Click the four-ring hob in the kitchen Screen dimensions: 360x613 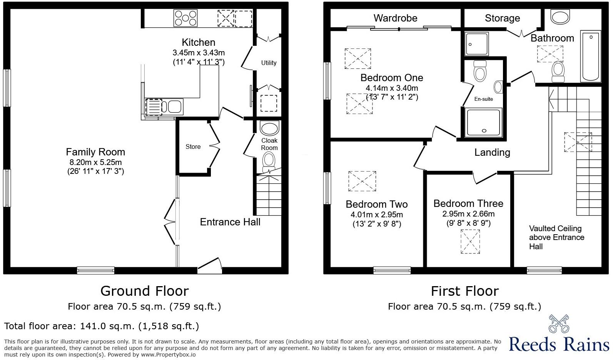tap(185, 18)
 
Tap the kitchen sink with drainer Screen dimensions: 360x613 tap(163, 107)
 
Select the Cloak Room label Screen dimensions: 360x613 tap(269, 144)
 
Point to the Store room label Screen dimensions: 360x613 tap(193, 147)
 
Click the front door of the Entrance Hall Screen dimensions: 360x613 tap(210, 266)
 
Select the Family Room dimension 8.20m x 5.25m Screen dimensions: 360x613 tap(95, 162)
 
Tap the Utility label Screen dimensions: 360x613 tap(269, 63)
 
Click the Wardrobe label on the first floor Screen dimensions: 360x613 tap(395, 18)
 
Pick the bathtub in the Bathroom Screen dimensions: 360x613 tap(591, 56)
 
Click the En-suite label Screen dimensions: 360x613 tap(483, 99)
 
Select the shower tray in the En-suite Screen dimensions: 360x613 tap(484, 122)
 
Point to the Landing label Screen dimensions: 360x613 tap(492, 152)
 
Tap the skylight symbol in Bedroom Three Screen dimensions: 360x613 tap(470, 242)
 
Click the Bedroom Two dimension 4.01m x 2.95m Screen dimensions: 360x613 tap(377, 215)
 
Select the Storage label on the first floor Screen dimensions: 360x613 tap(502, 18)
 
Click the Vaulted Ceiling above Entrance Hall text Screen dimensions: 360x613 tap(556, 237)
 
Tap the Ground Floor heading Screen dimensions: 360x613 tap(144, 291)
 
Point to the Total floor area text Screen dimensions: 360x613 tap(102, 326)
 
